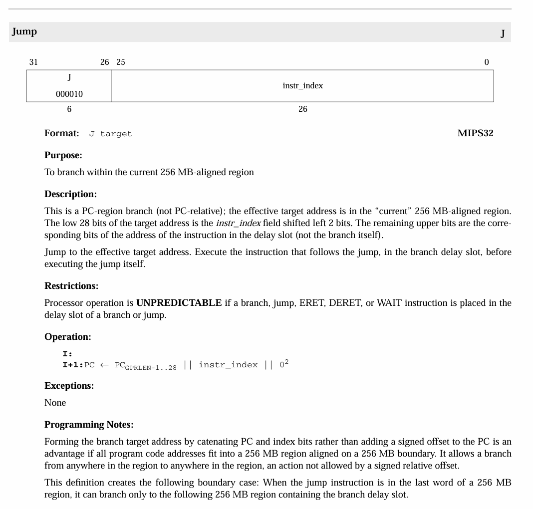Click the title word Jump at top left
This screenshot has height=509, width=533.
tap(24, 31)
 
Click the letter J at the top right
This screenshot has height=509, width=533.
tap(503, 34)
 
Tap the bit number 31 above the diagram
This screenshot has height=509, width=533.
tap(33, 62)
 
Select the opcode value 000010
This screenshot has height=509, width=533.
tap(69, 94)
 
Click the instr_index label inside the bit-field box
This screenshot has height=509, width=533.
tap(302, 86)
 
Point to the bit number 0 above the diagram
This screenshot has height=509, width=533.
tap(487, 62)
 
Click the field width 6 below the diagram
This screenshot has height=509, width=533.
tap(69, 109)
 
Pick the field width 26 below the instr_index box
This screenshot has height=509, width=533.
tap(302, 109)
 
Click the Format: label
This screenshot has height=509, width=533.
tap(62, 133)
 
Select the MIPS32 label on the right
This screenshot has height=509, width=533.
tap(475, 133)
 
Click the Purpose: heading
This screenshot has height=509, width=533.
tap(63, 155)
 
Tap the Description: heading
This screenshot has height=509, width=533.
tap(70, 194)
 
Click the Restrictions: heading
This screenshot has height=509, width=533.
tap(71, 286)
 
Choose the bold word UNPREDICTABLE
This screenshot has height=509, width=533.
tap(179, 303)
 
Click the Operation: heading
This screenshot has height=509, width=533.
tap(68, 337)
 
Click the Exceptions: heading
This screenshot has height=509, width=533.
tap(69, 386)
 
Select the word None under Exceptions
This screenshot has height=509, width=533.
tap(55, 403)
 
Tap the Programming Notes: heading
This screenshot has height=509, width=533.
tap(89, 425)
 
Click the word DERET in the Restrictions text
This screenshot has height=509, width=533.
tap(345, 303)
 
